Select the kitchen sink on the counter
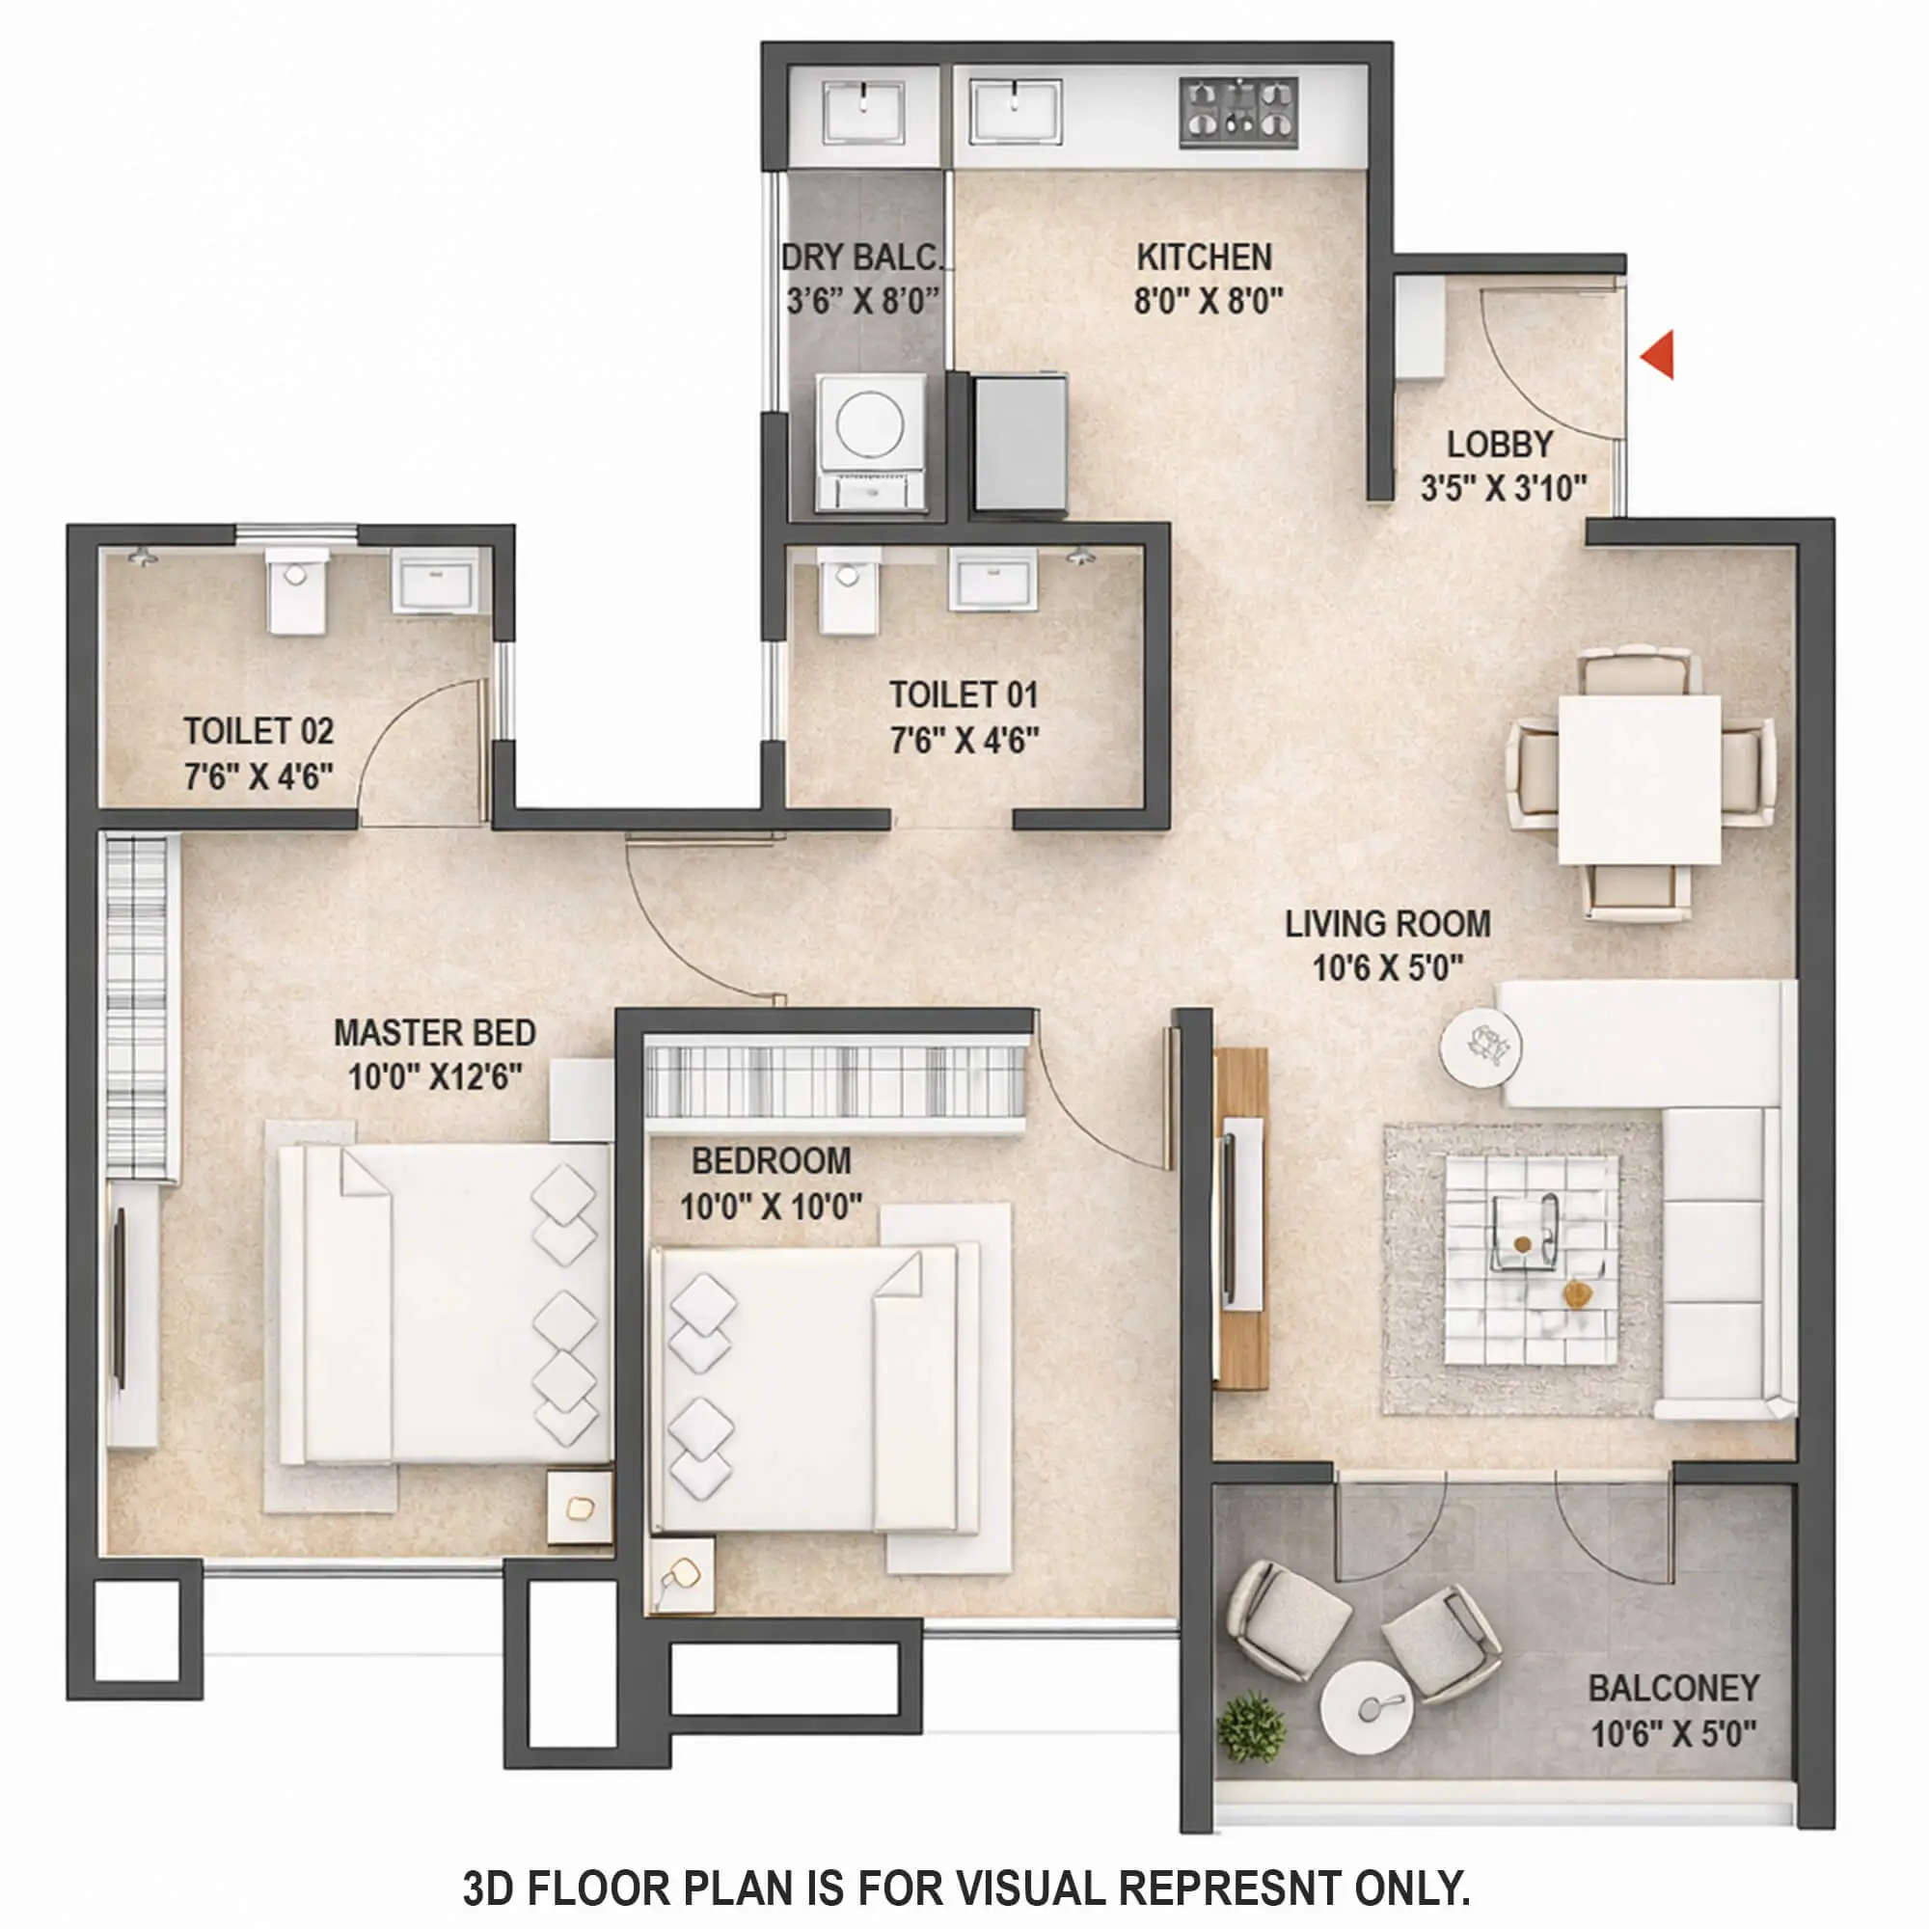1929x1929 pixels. pos(1015,112)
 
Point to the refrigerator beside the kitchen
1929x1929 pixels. pos(1020,442)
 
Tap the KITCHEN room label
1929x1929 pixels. pos(1204,258)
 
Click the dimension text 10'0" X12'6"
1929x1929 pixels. pos(434,1077)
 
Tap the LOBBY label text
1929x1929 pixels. pos(1500,445)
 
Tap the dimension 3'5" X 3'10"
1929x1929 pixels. pos(1503,488)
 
